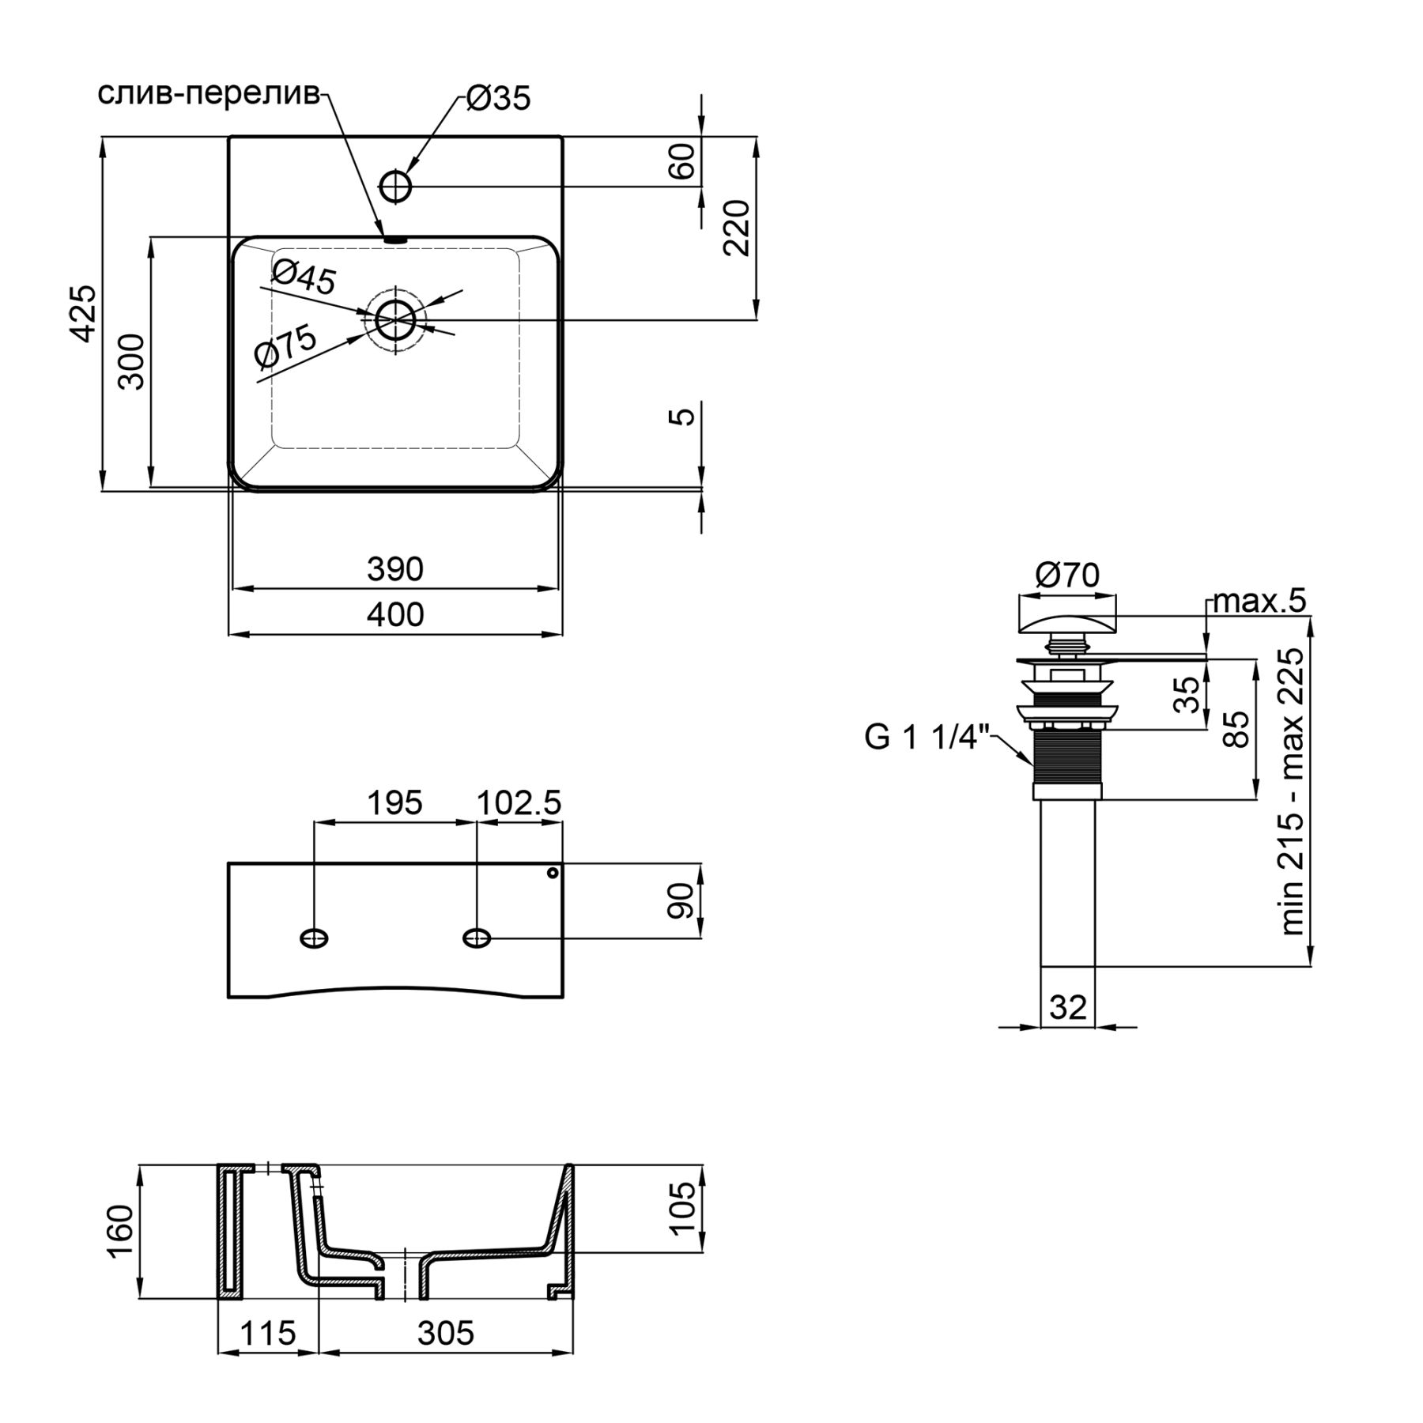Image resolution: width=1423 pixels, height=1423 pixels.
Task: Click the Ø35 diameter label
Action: point(498,99)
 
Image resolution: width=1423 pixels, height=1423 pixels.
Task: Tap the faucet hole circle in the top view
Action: point(396,187)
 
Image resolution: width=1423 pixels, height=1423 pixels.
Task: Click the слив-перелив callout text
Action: point(209,93)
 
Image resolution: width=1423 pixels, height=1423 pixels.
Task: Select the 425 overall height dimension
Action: point(84,313)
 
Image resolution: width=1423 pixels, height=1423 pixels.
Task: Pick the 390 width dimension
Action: point(395,568)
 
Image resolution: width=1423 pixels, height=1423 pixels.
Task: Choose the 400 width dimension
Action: point(395,614)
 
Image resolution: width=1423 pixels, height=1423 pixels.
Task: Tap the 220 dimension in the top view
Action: point(736,228)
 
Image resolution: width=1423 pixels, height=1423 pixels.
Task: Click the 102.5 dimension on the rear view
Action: point(519,803)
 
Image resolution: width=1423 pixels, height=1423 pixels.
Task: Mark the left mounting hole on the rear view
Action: point(315,938)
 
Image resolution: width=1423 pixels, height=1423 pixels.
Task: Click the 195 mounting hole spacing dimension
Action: point(394,803)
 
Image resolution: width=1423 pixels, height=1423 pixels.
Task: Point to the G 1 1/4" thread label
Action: point(927,737)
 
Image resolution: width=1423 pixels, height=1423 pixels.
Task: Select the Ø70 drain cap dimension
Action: point(1066,575)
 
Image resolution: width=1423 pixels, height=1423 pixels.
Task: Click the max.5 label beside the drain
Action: point(1259,602)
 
